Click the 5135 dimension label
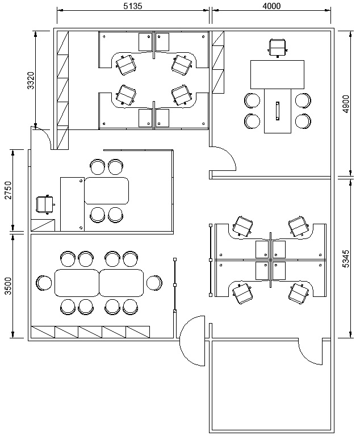point(133,6)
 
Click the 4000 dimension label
point(271,6)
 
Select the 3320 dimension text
point(31,81)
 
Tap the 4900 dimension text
point(346,104)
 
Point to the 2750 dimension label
point(8,190)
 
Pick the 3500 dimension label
point(8,286)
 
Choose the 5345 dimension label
point(346,258)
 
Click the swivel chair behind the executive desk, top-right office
point(278,48)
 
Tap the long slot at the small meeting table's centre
point(278,111)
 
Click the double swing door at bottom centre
point(192,341)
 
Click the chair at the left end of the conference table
point(44,283)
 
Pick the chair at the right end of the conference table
point(154,283)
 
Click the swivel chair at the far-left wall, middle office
point(45,204)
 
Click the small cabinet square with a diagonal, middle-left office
point(43,225)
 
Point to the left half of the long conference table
point(77,283)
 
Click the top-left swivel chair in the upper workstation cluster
point(126,65)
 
